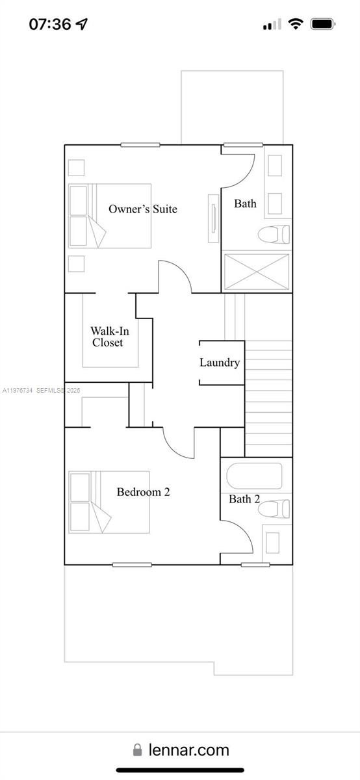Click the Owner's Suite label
[142, 209]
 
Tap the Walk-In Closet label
[109, 337]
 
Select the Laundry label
[219, 363]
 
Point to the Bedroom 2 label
[143, 492]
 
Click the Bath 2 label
[244, 499]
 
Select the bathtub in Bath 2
[254, 476]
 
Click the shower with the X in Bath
[257, 272]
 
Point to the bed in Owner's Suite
[109, 216]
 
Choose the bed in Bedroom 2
[109, 502]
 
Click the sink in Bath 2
[273, 542]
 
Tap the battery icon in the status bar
[322, 24]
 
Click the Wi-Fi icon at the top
[296, 24]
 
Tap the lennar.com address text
[188, 749]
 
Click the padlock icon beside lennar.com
[137, 750]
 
